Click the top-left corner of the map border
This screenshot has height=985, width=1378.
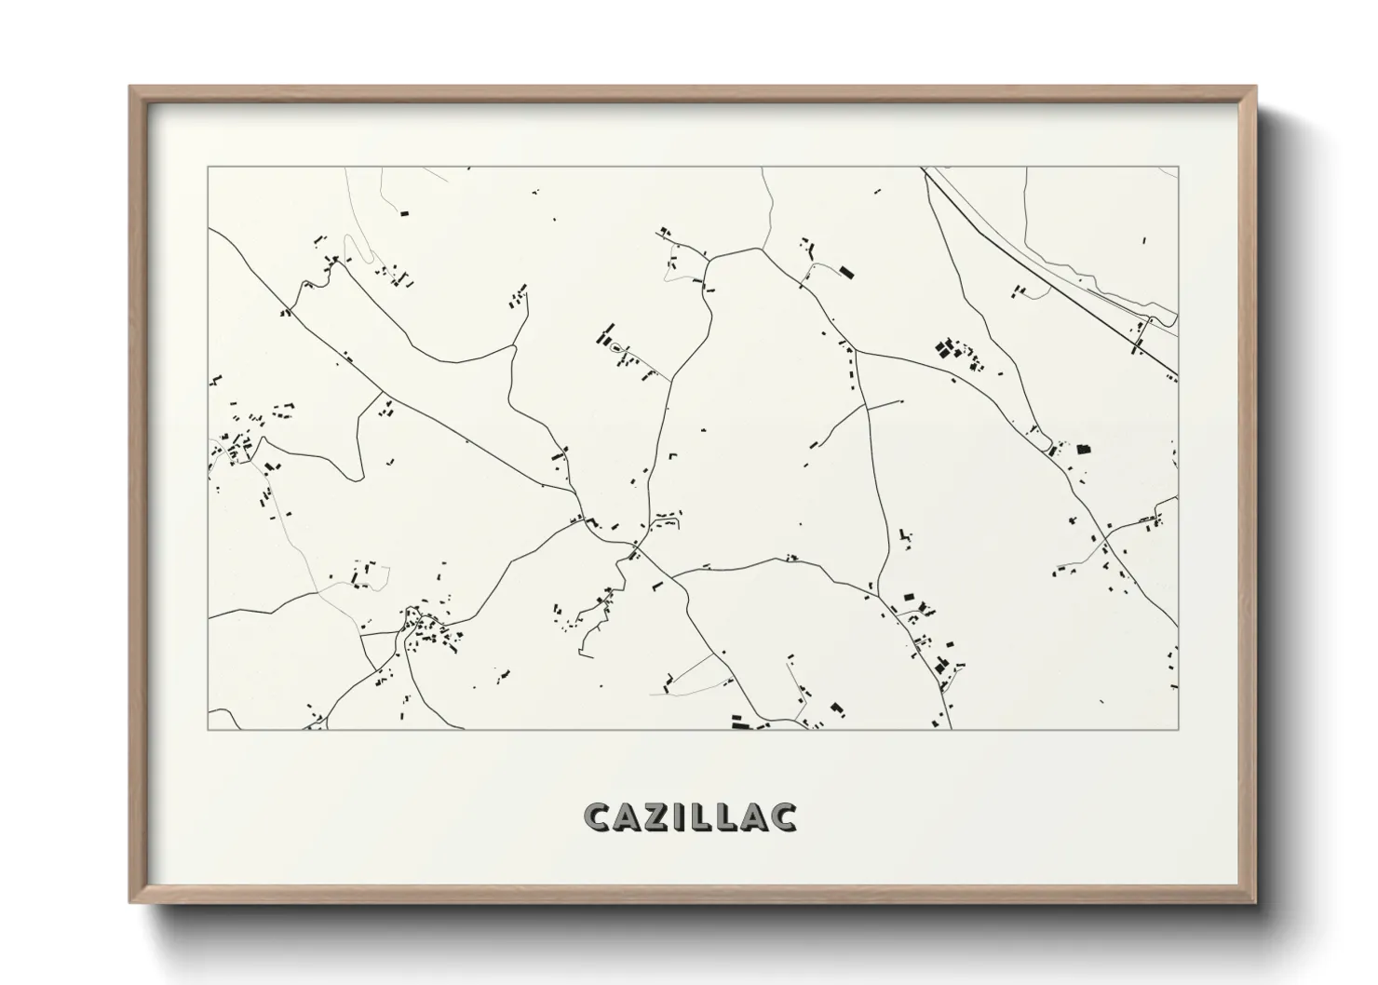pos(209,168)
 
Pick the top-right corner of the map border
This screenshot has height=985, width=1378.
pos(1178,168)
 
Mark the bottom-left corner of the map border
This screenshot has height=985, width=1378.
pos(209,729)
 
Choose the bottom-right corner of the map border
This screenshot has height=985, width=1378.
pos(1178,729)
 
